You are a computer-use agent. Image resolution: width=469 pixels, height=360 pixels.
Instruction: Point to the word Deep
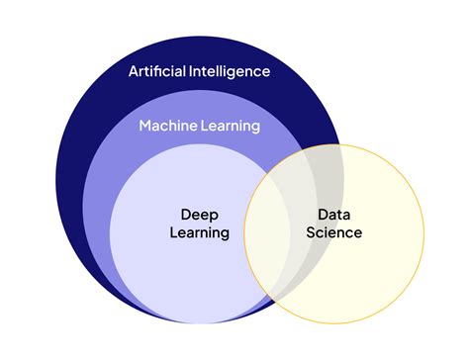pos(199,215)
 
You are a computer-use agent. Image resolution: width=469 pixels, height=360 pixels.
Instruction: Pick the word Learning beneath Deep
pos(199,233)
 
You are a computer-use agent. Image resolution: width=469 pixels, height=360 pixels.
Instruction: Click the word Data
pos(333,215)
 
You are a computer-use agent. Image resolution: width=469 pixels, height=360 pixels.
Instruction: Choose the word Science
pos(333,233)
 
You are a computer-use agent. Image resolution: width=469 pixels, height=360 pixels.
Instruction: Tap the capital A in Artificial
pos(134,71)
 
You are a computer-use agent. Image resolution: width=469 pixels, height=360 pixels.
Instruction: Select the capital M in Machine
pos(144,126)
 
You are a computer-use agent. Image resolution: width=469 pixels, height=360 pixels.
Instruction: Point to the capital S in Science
pos(310,233)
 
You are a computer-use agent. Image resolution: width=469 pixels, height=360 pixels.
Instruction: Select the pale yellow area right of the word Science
pos(391,233)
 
